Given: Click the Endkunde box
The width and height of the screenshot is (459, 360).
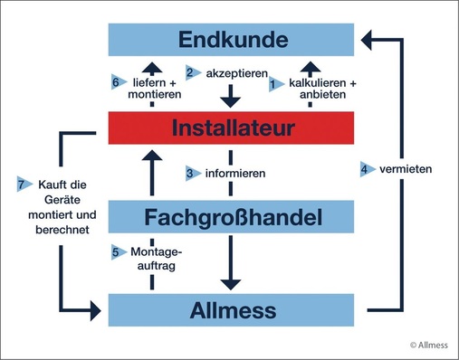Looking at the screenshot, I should coord(233,39).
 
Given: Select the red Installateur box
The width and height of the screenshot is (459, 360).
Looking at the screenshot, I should coord(233,128).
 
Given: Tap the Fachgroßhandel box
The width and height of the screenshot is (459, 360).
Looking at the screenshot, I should coord(233,217).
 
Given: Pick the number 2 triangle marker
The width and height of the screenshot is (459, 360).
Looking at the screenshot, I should coord(190,71).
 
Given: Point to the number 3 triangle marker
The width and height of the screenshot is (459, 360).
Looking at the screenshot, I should coord(190,173).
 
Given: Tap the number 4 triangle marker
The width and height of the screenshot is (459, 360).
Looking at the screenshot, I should coord(364,168).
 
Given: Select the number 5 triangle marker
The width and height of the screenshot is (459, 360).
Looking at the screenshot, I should coord(116,251).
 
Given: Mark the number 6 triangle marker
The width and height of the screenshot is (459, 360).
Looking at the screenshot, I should coord(116,81).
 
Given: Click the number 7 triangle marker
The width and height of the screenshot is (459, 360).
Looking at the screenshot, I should coord(24,185).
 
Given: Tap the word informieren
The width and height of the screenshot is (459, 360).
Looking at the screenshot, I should coord(233,173).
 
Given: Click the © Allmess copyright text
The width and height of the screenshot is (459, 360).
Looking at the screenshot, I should coord(428,345).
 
